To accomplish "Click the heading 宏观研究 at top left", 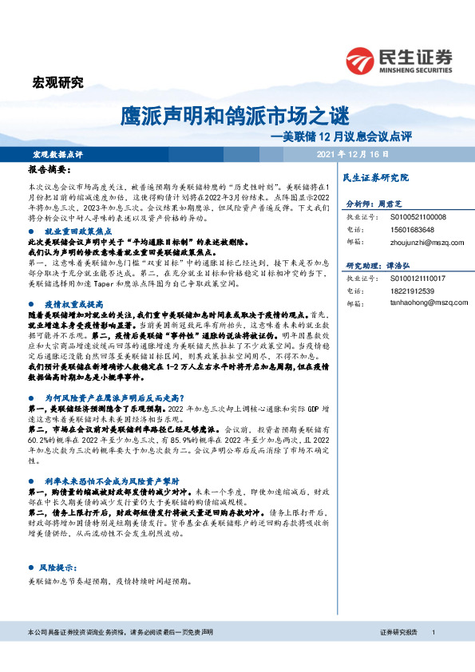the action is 57,81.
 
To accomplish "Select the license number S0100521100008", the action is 418,217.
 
